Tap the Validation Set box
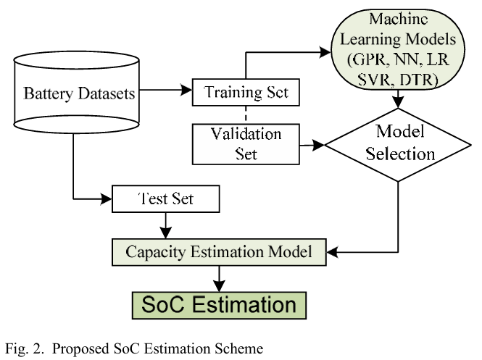pyautogui.click(x=246, y=143)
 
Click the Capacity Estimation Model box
pyautogui.click(x=218, y=252)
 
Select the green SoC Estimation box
pyautogui.click(x=217, y=303)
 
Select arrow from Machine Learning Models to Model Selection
pyautogui.click(x=397, y=101)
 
